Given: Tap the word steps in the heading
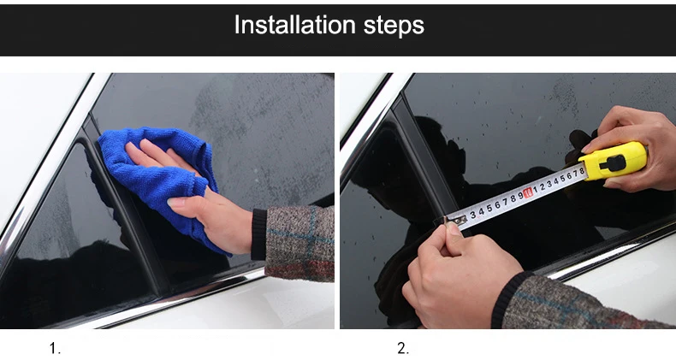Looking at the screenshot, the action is [394, 26].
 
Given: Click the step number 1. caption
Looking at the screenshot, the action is [55, 348].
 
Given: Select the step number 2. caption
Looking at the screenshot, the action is [403, 348].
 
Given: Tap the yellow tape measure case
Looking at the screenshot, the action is [613, 160].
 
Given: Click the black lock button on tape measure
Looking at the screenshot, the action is [612, 163].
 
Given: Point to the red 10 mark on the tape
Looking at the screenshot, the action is [528, 192].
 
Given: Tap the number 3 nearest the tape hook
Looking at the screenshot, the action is [473, 214].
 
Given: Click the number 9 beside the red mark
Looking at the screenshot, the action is [520, 196].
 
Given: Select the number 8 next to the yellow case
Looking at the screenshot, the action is [581, 171].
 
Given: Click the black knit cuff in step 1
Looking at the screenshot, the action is [258, 234].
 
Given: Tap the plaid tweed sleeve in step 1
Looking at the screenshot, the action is [299, 244].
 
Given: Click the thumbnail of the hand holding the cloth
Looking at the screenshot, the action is [175, 203].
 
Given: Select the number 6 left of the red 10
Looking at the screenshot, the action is [497, 204].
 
